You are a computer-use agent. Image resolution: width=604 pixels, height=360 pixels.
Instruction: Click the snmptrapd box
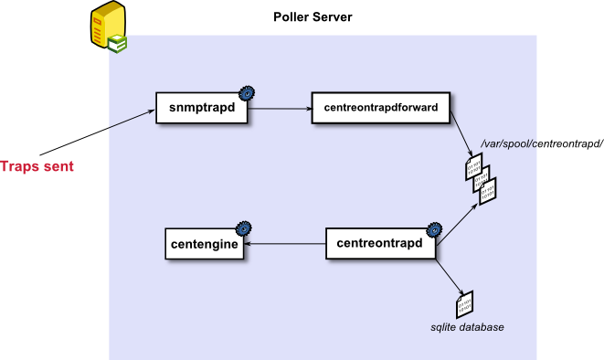(201, 108)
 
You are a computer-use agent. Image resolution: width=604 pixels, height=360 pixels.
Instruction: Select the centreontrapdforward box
(380, 108)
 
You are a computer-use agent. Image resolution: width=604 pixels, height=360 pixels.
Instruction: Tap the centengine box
(204, 244)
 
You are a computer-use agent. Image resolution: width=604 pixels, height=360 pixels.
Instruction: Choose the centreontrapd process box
(380, 243)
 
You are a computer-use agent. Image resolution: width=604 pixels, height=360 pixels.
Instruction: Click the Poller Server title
(313, 17)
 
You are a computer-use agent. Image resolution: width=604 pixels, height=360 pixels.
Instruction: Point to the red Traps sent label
(37, 166)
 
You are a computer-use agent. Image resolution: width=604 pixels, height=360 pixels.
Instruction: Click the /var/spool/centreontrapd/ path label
(542, 144)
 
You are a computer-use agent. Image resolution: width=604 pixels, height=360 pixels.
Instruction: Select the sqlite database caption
(467, 327)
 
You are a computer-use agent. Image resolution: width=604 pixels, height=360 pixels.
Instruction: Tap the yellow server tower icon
(109, 26)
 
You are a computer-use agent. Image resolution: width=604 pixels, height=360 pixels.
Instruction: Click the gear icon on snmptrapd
(247, 93)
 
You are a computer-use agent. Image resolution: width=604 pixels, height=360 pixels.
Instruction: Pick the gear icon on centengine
(243, 228)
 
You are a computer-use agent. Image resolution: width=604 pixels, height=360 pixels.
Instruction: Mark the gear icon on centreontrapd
(434, 230)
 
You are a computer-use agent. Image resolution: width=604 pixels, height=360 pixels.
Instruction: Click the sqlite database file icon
(464, 305)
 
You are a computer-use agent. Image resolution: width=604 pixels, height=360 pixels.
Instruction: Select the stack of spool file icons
(481, 179)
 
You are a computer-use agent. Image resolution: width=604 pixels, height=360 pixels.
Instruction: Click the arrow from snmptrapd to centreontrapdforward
(280, 109)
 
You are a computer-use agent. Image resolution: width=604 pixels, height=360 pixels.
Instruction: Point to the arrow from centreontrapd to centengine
(285, 243)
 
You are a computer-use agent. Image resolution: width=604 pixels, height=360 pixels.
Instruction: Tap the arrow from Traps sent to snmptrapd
(98, 132)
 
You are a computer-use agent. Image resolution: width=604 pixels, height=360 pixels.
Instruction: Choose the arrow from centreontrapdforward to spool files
(461, 134)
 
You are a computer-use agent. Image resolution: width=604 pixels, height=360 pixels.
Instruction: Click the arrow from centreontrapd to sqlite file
(450, 277)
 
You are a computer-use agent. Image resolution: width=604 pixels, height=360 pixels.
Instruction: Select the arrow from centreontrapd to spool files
(457, 224)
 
